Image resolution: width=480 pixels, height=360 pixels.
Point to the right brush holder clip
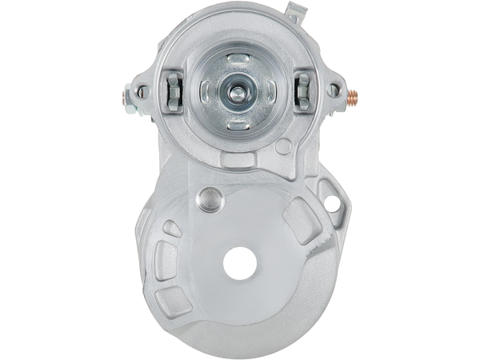pyautogui.click(x=303, y=88)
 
